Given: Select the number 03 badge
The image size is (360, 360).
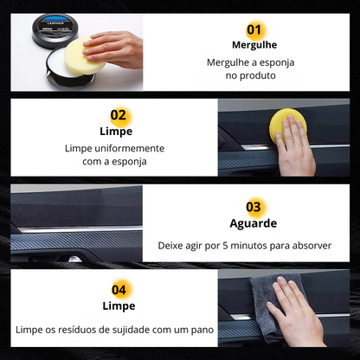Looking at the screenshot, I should click(253, 207).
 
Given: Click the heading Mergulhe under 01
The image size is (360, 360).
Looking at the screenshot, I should click(253, 45).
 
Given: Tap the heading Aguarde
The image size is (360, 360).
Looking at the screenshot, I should click(253, 223).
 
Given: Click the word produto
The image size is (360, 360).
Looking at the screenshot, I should click(260, 76).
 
